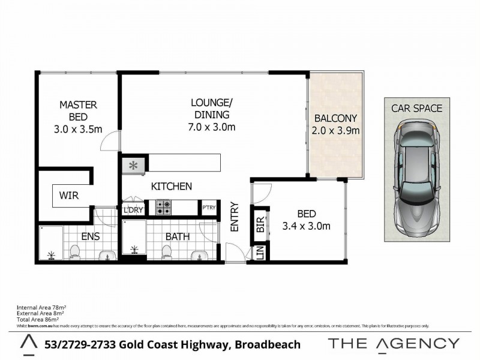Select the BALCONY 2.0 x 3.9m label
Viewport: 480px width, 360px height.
coord(336,124)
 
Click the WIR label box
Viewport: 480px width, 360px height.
coord(68,196)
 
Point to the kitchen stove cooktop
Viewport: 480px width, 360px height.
coord(164,208)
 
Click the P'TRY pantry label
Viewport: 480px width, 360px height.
coord(208,208)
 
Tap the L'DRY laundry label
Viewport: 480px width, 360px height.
coord(132,210)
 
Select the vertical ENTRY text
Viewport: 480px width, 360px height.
coord(235,217)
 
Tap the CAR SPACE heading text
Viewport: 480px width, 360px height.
coord(416,109)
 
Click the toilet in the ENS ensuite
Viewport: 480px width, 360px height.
coord(75,252)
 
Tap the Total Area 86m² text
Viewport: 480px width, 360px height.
coord(40,320)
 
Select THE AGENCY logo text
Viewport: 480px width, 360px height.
coord(394,344)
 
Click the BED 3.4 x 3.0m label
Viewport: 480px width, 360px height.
coord(306,220)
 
